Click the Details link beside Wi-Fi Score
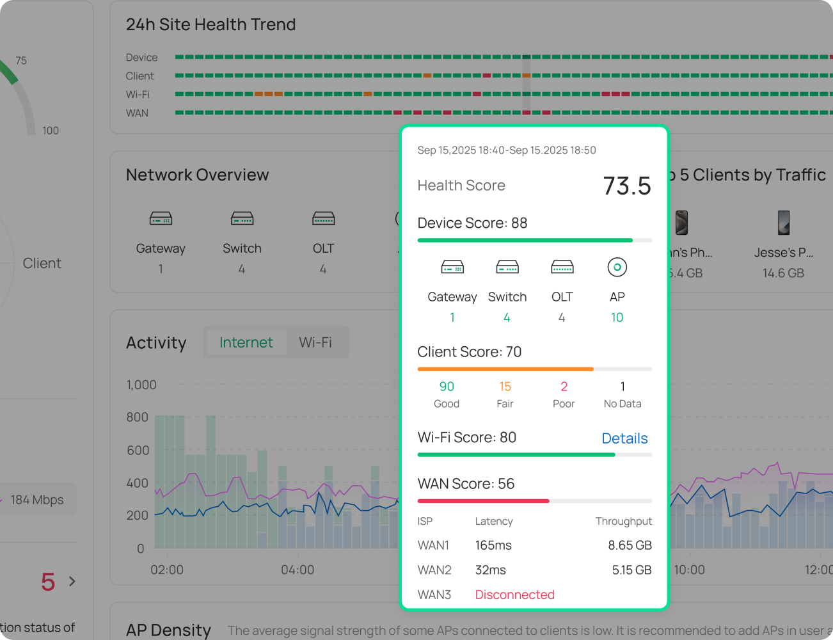tap(624, 438)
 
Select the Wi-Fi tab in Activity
tap(315, 342)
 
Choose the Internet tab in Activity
tap(246, 342)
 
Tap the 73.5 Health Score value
tap(626, 186)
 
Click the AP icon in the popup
tap(617, 267)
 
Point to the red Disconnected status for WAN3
tap(514, 595)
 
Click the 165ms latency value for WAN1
tap(493, 545)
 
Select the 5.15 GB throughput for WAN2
tap(631, 570)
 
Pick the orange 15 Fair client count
tap(505, 387)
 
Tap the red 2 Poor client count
tap(564, 387)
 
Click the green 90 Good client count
tap(447, 387)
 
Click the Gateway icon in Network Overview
tap(161, 219)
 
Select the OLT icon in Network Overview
tap(323, 219)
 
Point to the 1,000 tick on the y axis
tap(141, 385)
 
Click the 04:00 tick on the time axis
tap(297, 570)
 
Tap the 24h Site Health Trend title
tap(210, 24)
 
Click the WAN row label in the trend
tap(137, 113)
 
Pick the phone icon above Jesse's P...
tap(783, 223)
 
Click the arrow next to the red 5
tap(72, 581)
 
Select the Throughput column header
tap(623, 521)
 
